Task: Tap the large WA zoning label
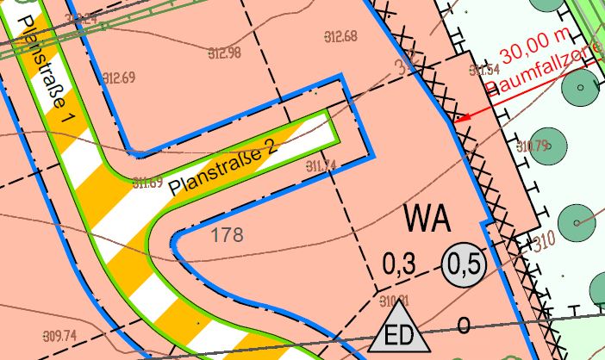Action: (427, 217)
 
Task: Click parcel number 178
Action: (226, 234)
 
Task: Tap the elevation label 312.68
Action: (341, 36)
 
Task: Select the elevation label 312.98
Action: (225, 53)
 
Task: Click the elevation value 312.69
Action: (120, 78)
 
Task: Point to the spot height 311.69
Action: (148, 182)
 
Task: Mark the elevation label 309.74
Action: (59, 335)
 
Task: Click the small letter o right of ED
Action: (464, 326)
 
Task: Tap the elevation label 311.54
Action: (484, 69)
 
